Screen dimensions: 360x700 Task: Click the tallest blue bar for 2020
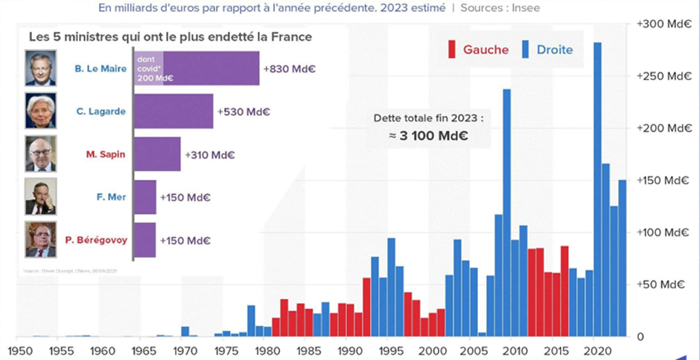(x=597, y=190)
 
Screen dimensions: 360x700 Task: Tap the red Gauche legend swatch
(x=451, y=49)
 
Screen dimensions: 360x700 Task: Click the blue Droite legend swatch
(x=526, y=49)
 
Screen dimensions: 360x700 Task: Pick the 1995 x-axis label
(x=392, y=350)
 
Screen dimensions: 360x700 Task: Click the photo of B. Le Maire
(x=41, y=68)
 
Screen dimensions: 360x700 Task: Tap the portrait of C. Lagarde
(x=41, y=111)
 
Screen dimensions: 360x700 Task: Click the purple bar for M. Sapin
(x=157, y=154)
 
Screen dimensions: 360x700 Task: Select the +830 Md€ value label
(x=289, y=69)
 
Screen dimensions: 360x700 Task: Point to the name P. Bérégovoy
(x=96, y=240)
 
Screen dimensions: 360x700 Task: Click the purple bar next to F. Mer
(x=146, y=197)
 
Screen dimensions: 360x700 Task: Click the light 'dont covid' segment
(x=149, y=68)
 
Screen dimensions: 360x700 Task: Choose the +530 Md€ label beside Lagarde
(x=244, y=112)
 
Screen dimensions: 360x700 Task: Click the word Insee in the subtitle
(x=526, y=8)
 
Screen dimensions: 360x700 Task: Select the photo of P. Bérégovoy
(x=41, y=240)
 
